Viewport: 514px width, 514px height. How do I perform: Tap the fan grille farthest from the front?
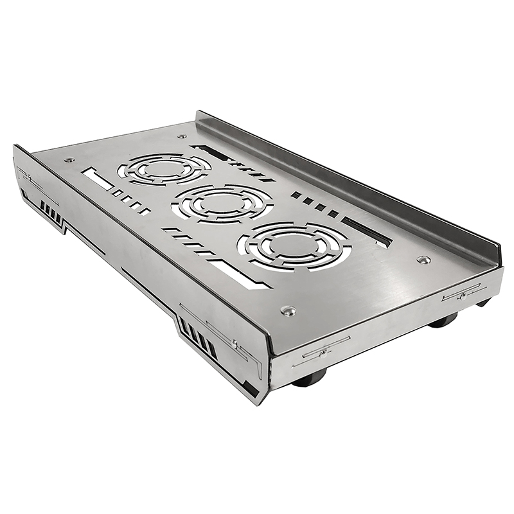coord(164,168)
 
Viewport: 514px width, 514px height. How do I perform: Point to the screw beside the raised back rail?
coord(423,260)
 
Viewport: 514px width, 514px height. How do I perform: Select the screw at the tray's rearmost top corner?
coord(182,136)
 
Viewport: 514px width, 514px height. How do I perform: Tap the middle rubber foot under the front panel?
coord(443,319)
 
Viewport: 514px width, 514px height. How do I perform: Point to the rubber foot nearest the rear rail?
coord(483,301)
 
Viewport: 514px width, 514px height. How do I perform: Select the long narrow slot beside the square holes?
coord(366,231)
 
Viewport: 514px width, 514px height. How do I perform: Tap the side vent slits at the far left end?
coord(51,212)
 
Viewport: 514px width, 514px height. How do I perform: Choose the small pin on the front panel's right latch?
coord(461,296)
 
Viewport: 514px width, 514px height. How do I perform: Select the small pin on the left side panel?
coord(235,344)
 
